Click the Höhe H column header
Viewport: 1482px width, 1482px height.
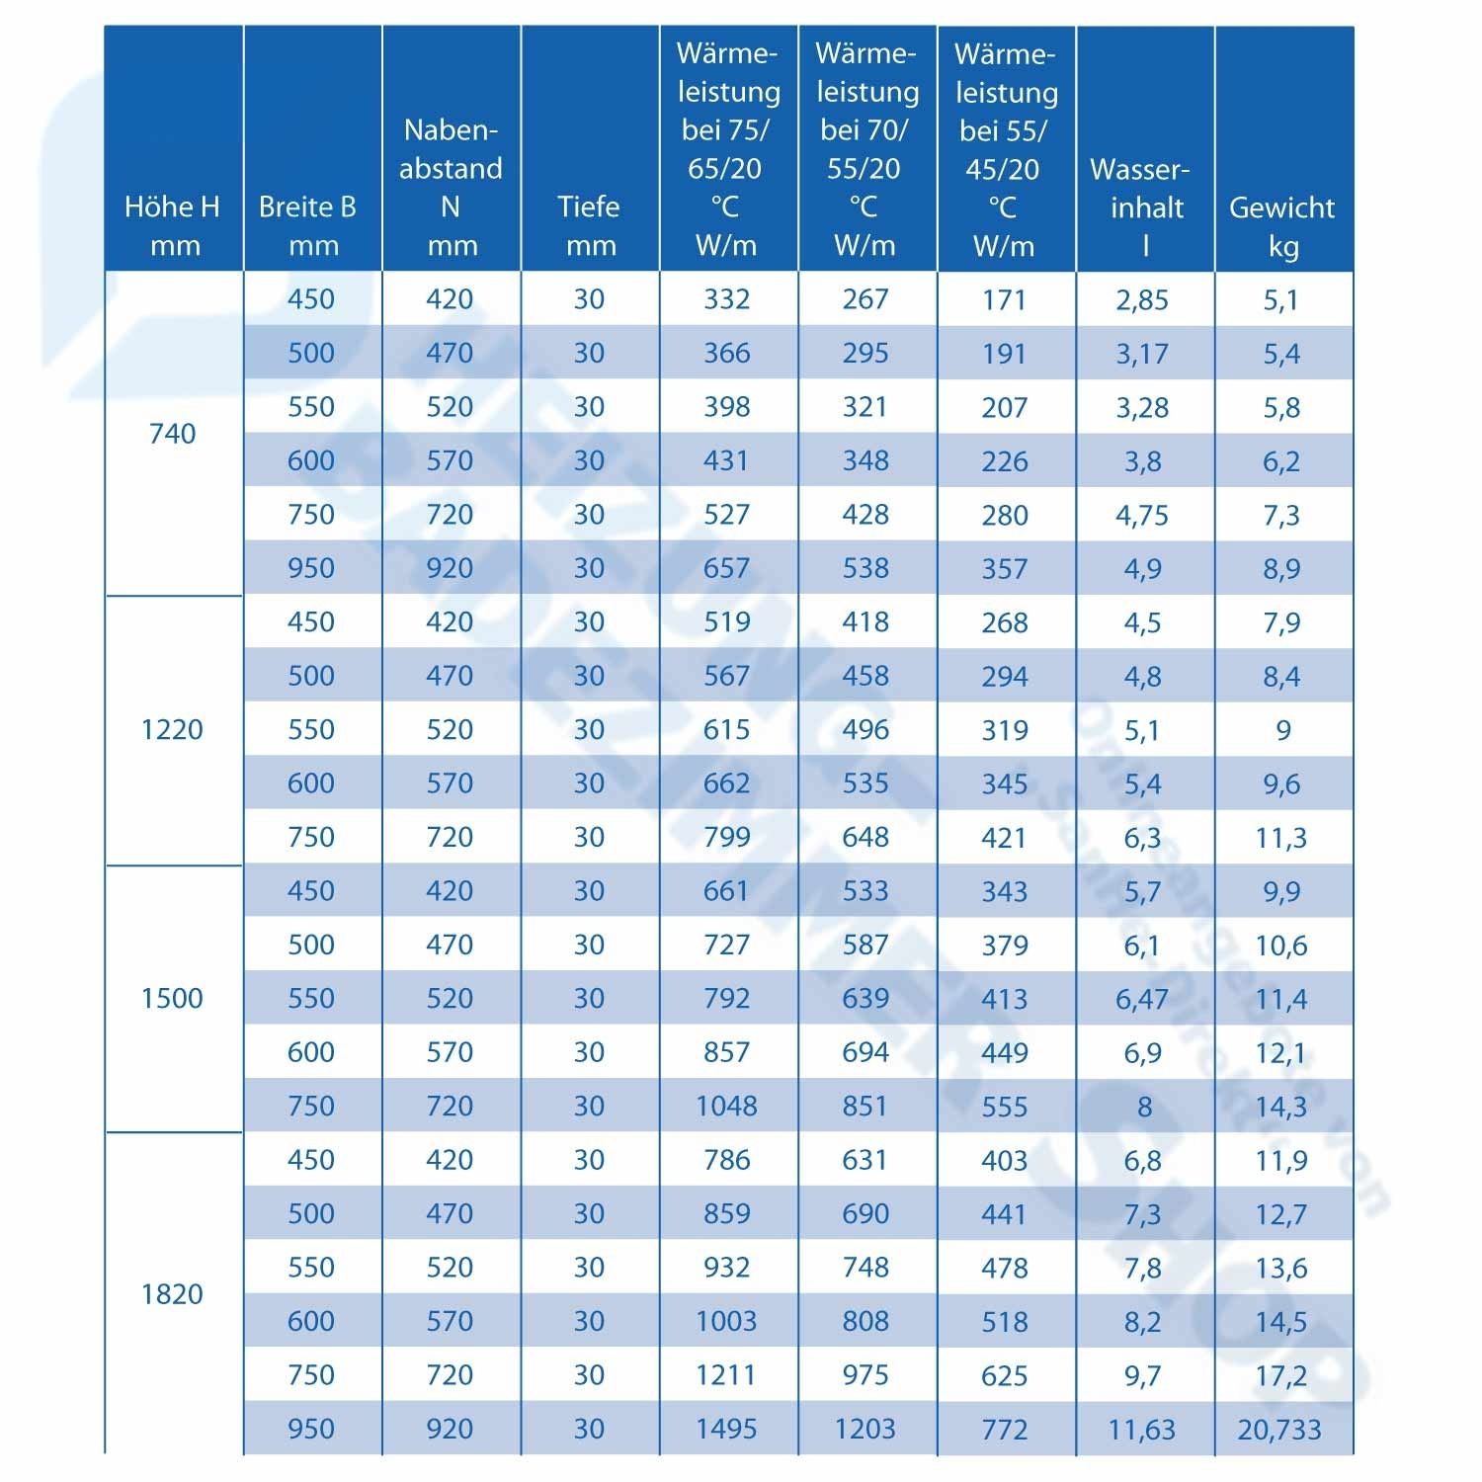[173, 225]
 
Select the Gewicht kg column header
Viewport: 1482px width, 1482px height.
[1282, 225]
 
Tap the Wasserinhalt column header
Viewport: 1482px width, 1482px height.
[1144, 206]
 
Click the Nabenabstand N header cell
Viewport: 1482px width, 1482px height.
[451, 187]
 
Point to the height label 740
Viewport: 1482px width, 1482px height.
[173, 433]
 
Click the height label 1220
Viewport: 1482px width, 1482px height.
[173, 729]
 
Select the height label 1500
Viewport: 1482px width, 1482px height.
[173, 998]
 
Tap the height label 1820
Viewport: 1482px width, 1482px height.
[173, 1293]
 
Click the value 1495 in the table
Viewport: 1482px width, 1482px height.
[727, 1429]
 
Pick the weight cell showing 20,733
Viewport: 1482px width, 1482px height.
[1280, 1429]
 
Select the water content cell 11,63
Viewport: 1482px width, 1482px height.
[1142, 1429]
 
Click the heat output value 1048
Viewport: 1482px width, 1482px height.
[727, 1106]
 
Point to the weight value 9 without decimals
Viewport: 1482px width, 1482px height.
[1282, 730]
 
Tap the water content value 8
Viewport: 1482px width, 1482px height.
[1144, 1106]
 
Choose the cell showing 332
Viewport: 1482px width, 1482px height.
[727, 299]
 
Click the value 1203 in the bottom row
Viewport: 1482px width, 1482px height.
[865, 1429]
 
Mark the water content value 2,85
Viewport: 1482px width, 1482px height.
[1142, 299]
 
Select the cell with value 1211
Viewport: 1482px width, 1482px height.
[727, 1374]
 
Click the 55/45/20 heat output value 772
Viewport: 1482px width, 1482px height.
[1005, 1429]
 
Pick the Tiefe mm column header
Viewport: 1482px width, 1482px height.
[590, 225]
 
